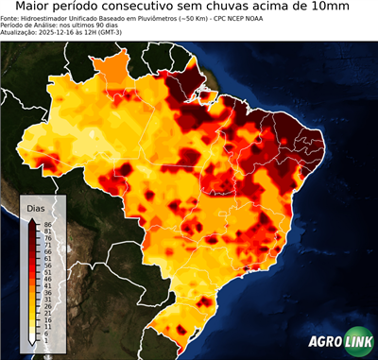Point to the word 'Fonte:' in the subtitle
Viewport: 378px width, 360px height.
coord(11,19)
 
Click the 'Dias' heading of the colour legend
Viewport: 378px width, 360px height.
coord(36,207)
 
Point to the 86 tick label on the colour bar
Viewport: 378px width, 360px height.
coord(46,224)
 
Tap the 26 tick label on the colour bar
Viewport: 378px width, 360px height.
coord(46,306)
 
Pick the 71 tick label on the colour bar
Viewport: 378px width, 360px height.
coord(46,245)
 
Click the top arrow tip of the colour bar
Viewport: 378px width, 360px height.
coord(33,219)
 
